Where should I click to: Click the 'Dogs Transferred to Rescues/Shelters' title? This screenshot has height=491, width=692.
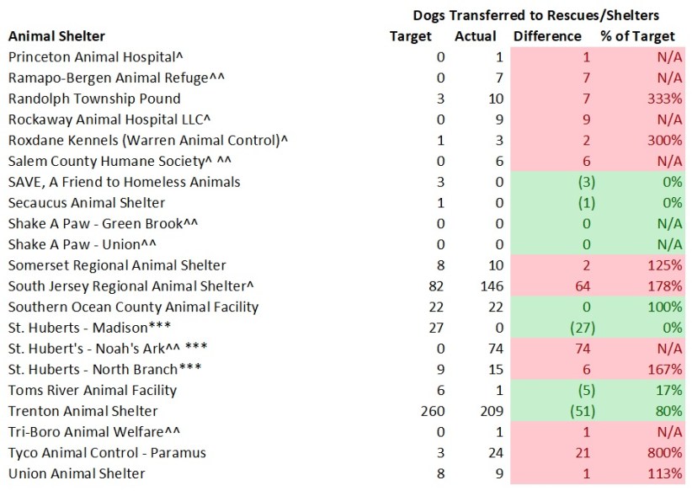(535, 15)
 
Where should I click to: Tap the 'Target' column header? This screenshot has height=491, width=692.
(411, 36)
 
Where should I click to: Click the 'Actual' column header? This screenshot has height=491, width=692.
(476, 36)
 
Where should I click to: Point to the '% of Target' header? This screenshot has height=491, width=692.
(637, 36)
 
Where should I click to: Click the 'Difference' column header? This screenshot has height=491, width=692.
(547, 36)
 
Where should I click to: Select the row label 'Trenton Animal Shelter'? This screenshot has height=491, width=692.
(83, 412)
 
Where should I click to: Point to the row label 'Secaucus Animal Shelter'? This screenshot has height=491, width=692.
(87, 203)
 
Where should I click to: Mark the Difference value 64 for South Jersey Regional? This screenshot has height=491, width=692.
(584, 286)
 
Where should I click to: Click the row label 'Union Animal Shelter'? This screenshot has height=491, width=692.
(77, 474)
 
